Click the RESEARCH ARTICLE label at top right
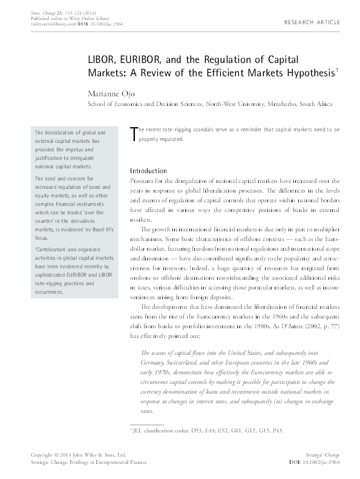click(312, 22)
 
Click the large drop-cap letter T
click(134, 135)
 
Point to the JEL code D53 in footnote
click(197, 431)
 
